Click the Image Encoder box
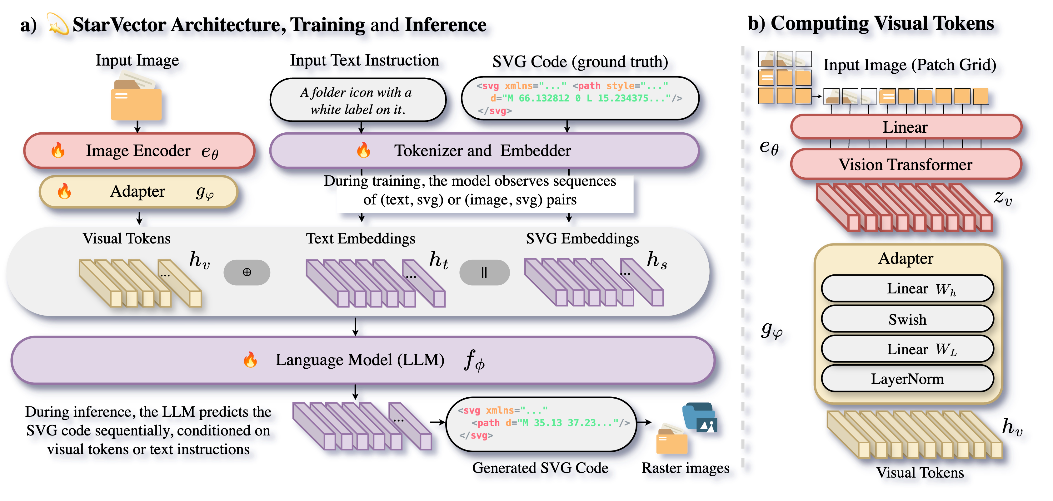pyautogui.click(x=139, y=151)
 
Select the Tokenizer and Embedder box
pyautogui.click(x=484, y=151)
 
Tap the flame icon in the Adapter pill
pyautogui.click(x=64, y=191)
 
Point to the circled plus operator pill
pyautogui.click(x=247, y=272)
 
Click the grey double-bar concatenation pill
pyautogui.click(x=484, y=272)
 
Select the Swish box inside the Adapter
pyautogui.click(x=907, y=319)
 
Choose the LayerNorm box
pyautogui.click(x=907, y=379)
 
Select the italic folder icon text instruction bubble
pyautogui.click(x=358, y=101)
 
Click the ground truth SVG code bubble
pyautogui.click(x=580, y=98)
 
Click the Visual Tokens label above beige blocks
pyautogui.click(x=126, y=238)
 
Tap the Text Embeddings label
pyautogui.click(x=361, y=238)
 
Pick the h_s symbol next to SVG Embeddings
pyautogui.click(x=657, y=260)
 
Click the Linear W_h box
pyautogui.click(x=907, y=289)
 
